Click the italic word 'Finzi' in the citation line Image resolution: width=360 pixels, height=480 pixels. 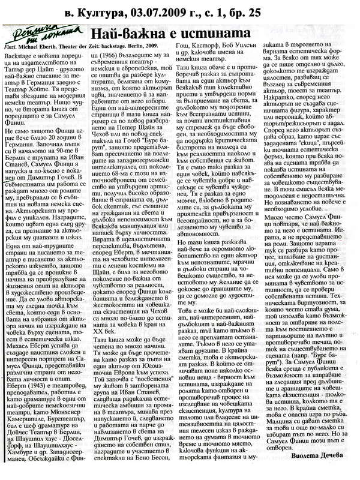[x=11, y=46]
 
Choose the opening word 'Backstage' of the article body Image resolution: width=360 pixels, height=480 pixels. [x=19, y=54]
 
